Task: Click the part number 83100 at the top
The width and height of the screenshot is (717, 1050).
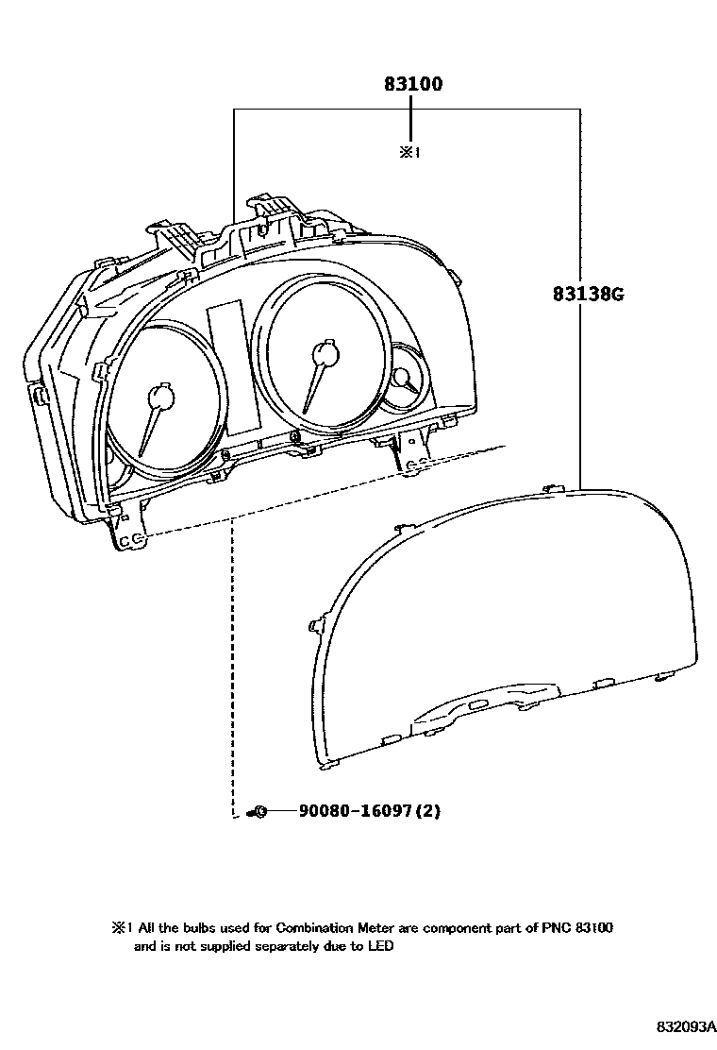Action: (412, 84)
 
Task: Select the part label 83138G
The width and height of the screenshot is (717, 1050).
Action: (589, 294)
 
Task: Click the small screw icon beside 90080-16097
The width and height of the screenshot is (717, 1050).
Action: (257, 811)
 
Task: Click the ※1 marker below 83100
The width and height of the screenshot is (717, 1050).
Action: (409, 151)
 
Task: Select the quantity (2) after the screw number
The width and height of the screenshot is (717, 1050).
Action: (429, 811)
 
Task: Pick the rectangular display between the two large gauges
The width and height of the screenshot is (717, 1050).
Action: (229, 368)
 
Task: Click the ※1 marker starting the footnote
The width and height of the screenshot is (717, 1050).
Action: (118, 928)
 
